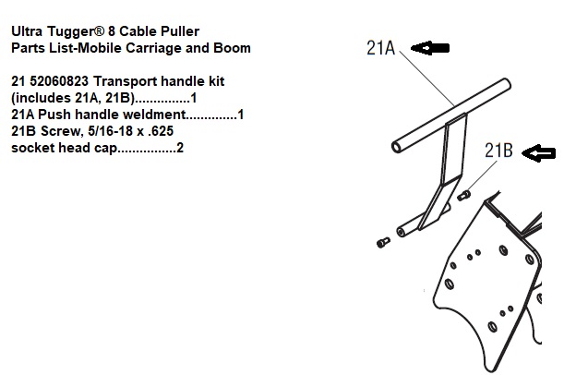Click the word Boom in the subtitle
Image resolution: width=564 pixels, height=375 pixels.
pyautogui.click(x=233, y=48)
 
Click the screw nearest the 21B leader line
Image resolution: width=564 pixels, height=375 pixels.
pyautogui.click(x=464, y=195)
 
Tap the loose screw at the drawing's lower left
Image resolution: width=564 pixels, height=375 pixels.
pyautogui.click(x=384, y=242)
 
